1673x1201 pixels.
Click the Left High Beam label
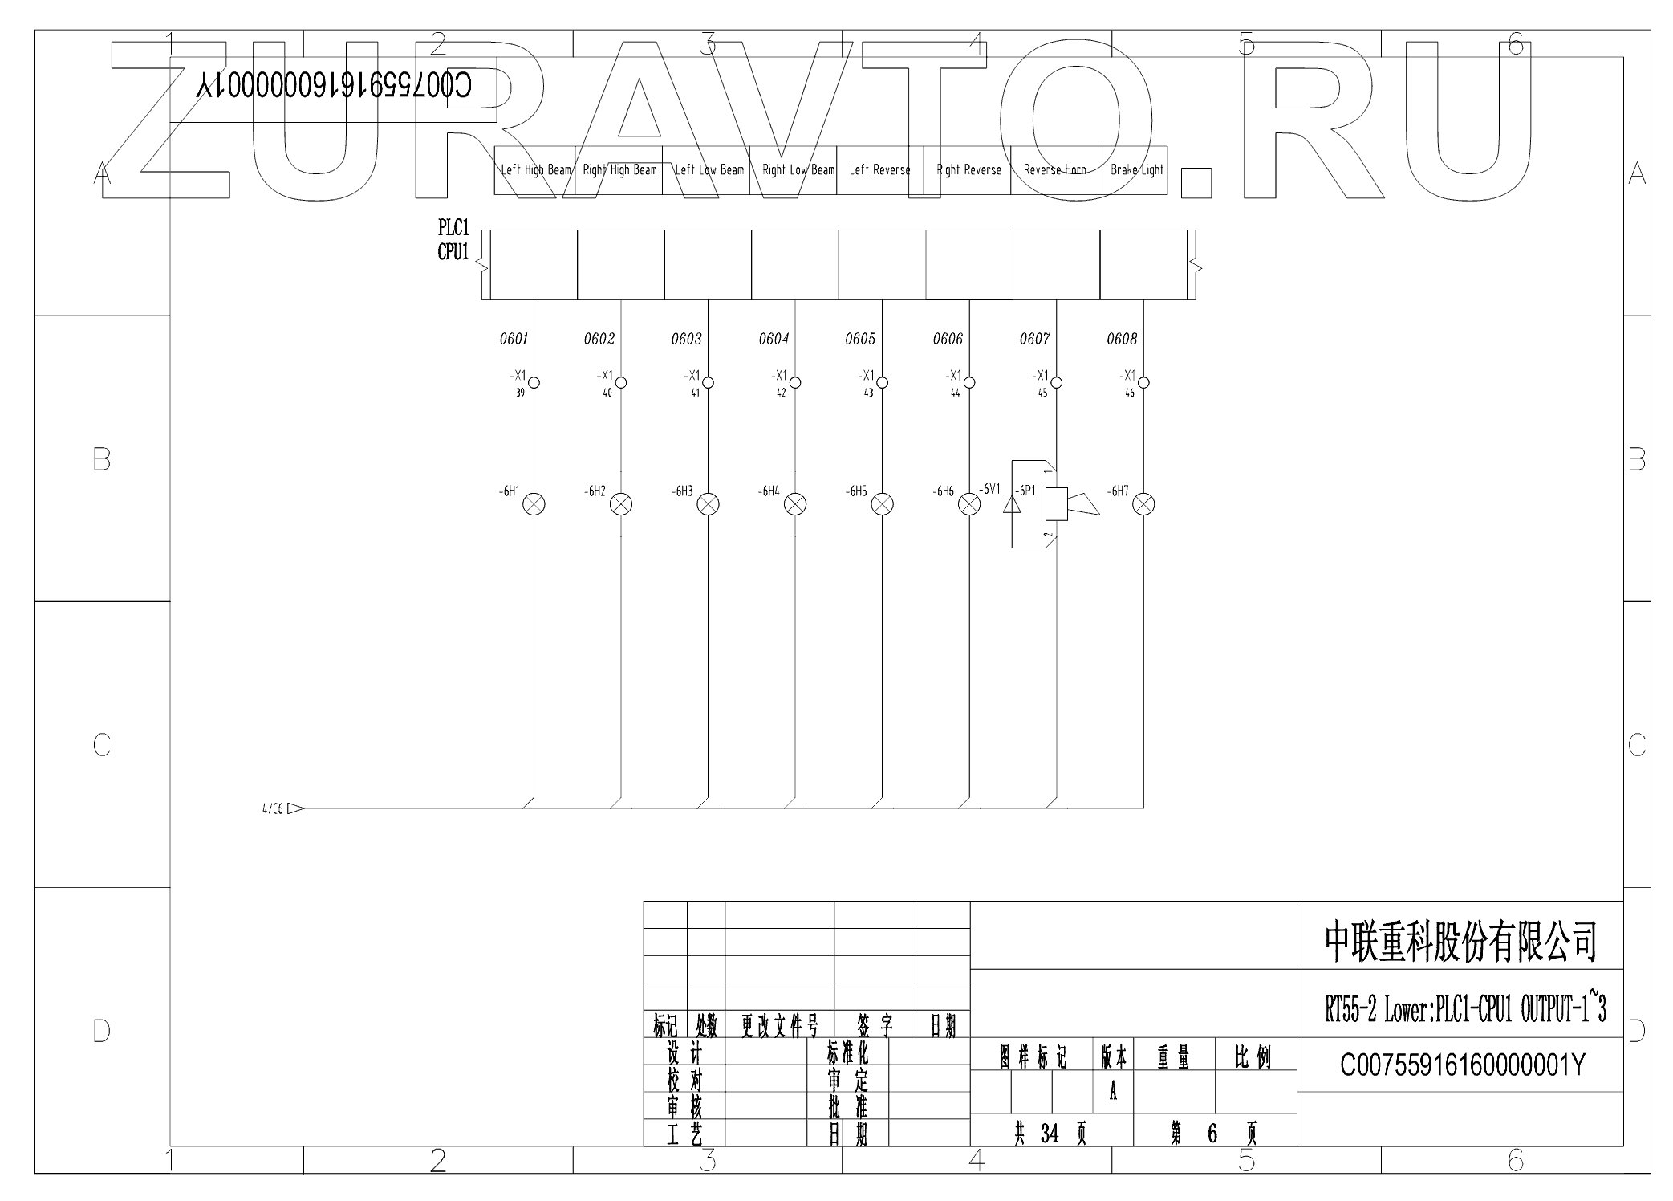pos(536,170)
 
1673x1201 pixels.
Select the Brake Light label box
pos(1136,170)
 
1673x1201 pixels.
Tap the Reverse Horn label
pos(1054,170)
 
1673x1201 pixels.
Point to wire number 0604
pos(774,340)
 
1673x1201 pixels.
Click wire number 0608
pos(1122,340)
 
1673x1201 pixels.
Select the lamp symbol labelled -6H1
pos(534,504)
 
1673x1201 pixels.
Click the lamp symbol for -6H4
pos(795,504)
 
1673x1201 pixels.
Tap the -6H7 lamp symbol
pos(1143,504)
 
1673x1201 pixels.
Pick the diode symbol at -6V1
pos(1012,504)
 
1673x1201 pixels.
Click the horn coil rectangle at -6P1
pos(1056,504)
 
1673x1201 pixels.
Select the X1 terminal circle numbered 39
pos(534,383)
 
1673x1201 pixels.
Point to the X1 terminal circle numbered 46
pos(1143,383)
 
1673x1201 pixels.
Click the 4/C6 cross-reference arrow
pos(295,808)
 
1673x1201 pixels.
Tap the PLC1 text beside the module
pos(453,228)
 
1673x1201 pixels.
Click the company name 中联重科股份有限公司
pos(1460,942)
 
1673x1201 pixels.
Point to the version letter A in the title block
pos(1113,1092)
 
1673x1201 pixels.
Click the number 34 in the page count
pos(1050,1134)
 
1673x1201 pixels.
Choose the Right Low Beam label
pos(798,170)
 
